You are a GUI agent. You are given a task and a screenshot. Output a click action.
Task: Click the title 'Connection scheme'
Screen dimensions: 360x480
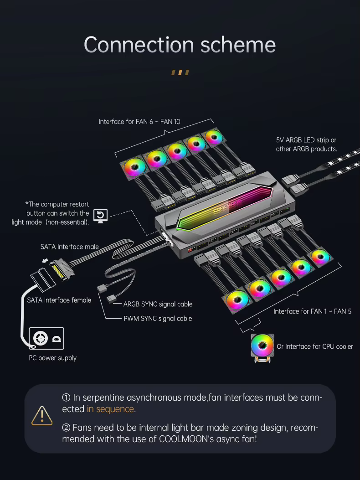180,45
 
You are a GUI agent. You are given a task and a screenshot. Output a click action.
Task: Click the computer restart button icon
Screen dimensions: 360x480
100,216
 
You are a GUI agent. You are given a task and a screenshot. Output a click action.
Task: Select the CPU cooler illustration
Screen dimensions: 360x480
262,348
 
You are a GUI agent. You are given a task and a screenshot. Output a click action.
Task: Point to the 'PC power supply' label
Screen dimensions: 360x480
53,358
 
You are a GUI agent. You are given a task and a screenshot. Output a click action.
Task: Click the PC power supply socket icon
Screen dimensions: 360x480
46,338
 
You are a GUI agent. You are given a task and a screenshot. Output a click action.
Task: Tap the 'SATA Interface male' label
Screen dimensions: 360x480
69,247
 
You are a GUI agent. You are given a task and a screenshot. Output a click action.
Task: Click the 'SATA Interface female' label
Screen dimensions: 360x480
59,300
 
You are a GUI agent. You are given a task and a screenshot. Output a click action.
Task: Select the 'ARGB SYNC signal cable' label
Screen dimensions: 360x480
158,304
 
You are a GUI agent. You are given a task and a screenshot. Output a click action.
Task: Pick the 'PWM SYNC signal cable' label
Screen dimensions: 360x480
158,318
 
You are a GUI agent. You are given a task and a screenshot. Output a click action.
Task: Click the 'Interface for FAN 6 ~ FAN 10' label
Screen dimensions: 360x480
139,122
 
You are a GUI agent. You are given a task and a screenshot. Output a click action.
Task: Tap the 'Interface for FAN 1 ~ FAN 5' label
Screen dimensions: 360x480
312,311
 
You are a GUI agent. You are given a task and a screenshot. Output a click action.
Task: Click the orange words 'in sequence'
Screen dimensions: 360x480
110,409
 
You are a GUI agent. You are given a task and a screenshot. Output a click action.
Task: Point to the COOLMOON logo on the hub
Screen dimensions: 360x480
227,206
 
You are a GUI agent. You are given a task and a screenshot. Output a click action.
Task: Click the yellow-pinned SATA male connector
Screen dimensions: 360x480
62,269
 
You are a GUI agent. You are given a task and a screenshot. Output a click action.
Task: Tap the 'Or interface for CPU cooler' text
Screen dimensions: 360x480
315,346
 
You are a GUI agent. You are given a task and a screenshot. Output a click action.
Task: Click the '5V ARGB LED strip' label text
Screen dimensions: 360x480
306,140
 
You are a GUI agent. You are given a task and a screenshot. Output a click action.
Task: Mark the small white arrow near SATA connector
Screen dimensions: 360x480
45,260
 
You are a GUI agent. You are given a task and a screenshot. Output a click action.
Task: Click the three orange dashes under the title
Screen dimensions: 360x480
180,72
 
